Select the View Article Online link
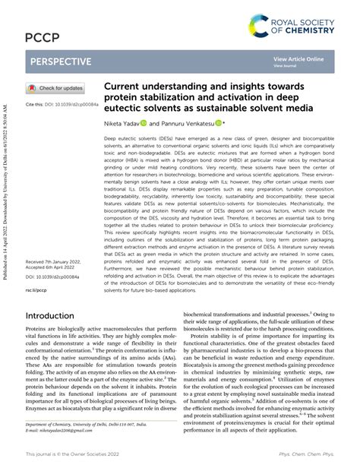point(298,58)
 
